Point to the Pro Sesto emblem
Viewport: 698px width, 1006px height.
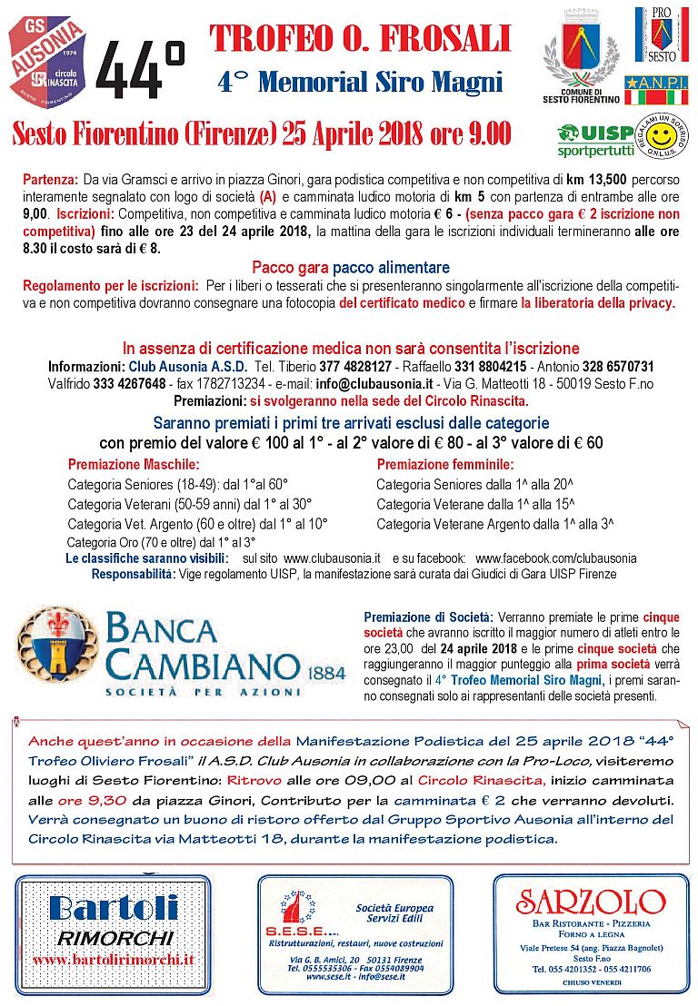pos(661,35)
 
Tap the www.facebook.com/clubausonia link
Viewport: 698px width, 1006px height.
pos(555,557)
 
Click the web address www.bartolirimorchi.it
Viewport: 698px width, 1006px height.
pos(114,959)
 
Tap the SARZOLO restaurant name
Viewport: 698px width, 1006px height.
pos(591,902)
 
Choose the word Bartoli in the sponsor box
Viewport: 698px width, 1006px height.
pos(114,911)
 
